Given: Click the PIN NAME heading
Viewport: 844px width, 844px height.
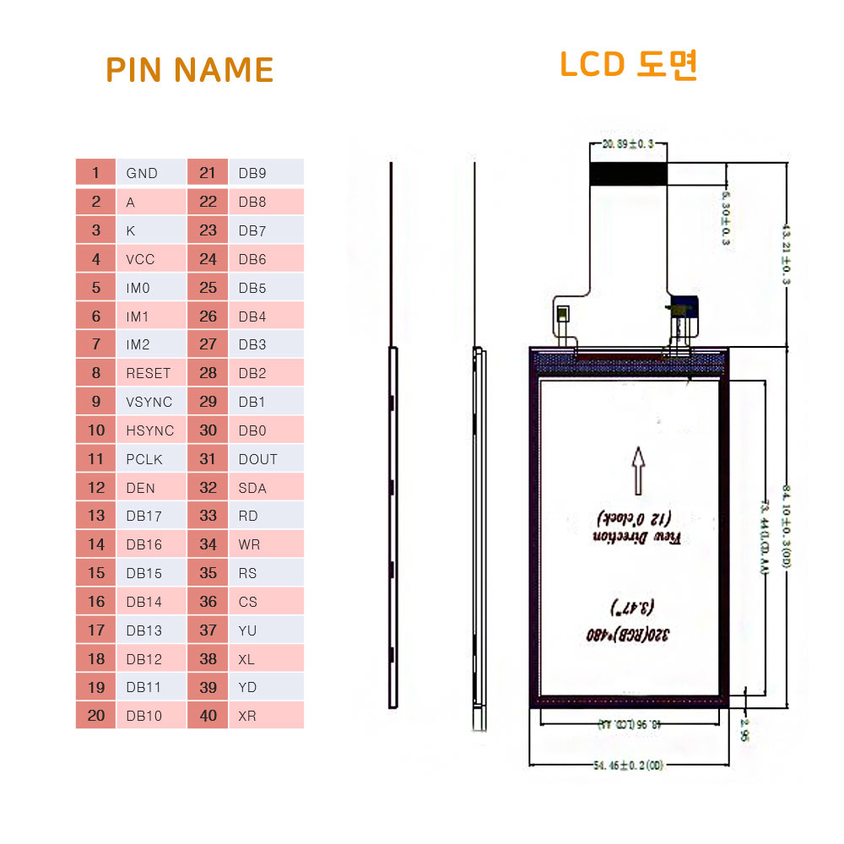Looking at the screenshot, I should point(190,70).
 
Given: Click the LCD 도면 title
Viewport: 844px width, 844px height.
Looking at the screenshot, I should point(629,65).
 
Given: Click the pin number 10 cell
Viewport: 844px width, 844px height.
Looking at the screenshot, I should point(96,430).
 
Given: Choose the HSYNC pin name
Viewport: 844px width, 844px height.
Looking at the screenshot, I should point(149,430).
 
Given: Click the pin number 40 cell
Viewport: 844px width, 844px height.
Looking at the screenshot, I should point(208,716).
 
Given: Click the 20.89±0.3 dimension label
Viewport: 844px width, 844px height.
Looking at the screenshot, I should point(629,145).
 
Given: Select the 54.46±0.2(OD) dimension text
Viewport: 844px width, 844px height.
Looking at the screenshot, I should point(629,765).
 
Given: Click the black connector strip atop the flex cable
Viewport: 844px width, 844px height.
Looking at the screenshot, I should point(629,173).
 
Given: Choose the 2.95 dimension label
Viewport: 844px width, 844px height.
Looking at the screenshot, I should point(744,728).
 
